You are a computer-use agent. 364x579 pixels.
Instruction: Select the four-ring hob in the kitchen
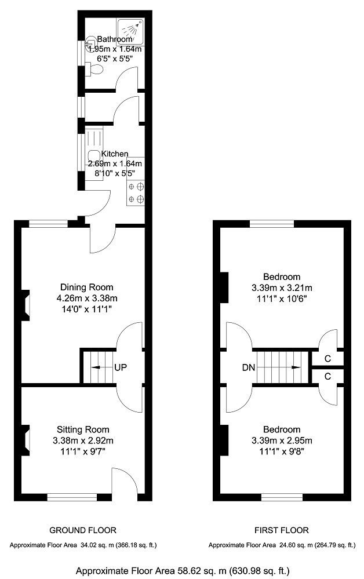point(135,193)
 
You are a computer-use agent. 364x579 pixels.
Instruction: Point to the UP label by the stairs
point(121,367)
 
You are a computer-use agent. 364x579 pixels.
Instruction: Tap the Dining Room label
point(87,287)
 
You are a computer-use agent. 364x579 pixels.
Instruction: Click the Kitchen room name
point(115,154)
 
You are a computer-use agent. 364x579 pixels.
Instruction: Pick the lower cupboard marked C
point(327,376)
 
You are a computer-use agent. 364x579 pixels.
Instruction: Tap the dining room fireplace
point(26,305)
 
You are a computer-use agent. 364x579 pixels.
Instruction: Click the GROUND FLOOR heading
point(83,530)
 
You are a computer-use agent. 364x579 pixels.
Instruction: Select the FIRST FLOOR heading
point(282,530)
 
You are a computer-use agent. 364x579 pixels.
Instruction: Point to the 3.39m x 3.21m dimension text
point(282,287)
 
